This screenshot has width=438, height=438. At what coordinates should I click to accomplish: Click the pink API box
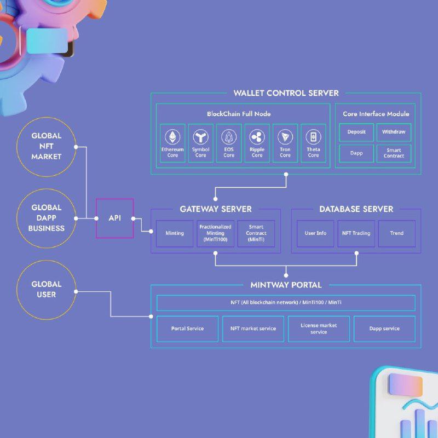[x=114, y=218]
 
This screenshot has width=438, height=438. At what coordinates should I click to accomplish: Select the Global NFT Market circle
[x=47, y=146]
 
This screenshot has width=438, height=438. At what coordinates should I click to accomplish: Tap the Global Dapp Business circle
[x=47, y=218]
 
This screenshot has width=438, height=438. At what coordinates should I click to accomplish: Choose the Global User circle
[x=47, y=290]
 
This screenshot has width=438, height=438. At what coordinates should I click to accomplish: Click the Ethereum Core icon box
[x=172, y=143]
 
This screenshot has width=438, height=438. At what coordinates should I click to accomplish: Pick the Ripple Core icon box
[x=257, y=143]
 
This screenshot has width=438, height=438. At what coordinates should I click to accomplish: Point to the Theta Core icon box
[x=313, y=143]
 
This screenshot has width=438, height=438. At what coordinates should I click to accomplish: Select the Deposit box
[x=356, y=132]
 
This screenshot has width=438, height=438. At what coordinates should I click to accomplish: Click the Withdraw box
[x=394, y=132]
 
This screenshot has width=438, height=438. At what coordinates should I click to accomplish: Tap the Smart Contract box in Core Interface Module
[x=394, y=153]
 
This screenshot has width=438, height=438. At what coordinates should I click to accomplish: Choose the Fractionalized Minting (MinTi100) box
[x=215, y=233]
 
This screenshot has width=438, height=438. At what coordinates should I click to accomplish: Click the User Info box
[x=315, y=233]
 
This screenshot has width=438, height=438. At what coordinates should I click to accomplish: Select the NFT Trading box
[x=356, y=233]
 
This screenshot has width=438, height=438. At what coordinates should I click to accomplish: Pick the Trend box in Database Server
[x=397, y=233]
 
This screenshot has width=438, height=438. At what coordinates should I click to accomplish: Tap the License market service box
[x=319, y=328]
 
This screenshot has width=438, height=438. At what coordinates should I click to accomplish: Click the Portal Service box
[x=187, y=328]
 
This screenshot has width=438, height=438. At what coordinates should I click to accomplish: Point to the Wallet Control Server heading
[x=286, y=93]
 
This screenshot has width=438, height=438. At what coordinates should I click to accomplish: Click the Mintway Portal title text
[x=286, y=285]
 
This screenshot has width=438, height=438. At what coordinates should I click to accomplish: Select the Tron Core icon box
[x=285, y=143]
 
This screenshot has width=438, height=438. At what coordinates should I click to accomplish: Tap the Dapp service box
[x=384, y=328]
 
